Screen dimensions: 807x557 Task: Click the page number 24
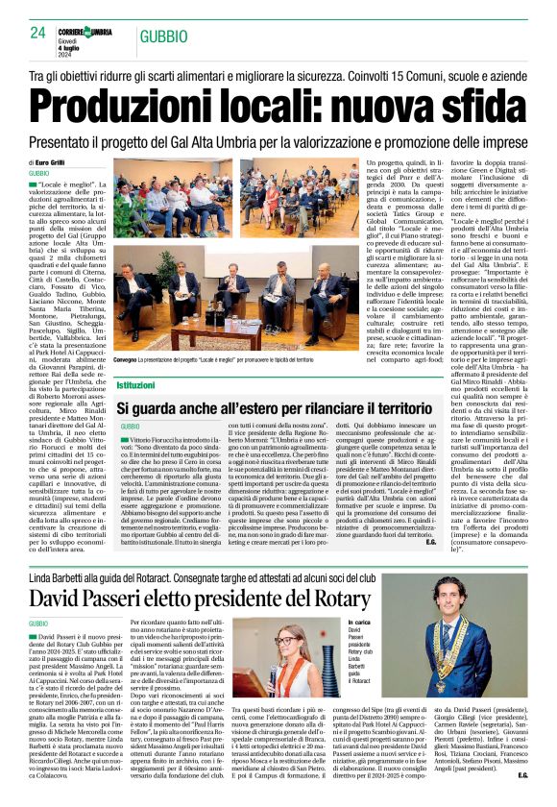point(37,33)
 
